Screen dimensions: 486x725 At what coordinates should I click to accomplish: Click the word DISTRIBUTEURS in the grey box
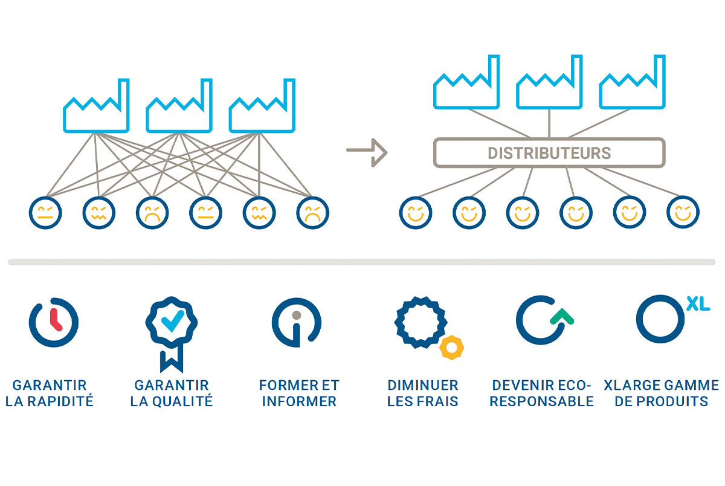(549, 153)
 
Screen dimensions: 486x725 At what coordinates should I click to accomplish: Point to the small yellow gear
(451, 348)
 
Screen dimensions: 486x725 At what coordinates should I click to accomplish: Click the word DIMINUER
(423, 385)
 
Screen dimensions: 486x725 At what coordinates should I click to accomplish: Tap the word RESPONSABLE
(541, 401)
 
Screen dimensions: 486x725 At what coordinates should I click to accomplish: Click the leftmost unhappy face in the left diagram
(45, 213)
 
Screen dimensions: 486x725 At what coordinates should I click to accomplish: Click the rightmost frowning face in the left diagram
(312, 213)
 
